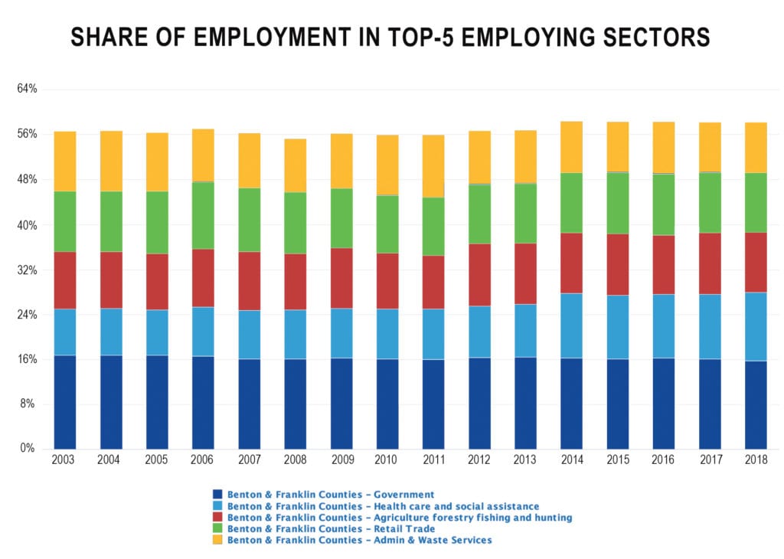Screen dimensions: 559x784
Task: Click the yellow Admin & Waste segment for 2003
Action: click(x=65, y=161)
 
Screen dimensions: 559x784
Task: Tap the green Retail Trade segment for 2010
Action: click(x=387, y=224)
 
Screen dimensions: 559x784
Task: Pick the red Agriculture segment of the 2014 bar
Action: click(x=571, y=263)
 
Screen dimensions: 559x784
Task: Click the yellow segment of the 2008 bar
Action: click(x=295, y=165)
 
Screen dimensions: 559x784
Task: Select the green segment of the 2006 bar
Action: click(x=203, y=215)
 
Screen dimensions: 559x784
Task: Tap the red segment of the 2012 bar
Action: click(x=479, y=274)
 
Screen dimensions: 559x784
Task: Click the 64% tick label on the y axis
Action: click(x=28, y=89)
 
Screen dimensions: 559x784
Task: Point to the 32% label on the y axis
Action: click(x=28, y=270)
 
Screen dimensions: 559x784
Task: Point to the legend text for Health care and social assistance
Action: click(x=383, y=506)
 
